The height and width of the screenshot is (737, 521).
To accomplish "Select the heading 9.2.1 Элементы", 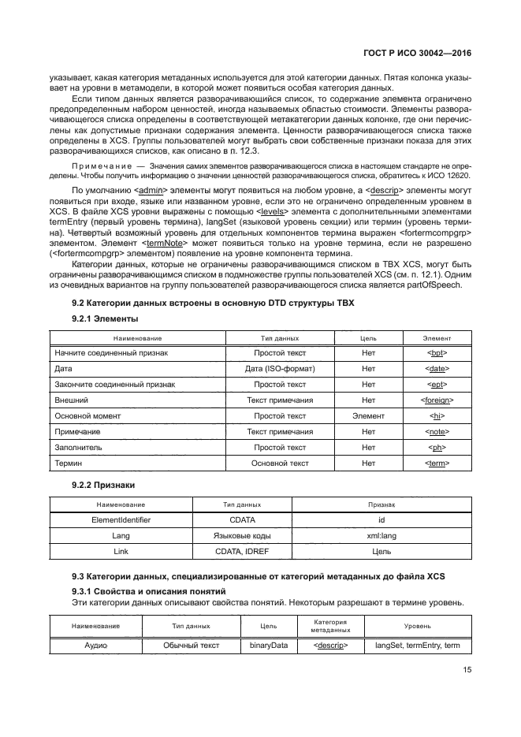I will (x=105, y=318).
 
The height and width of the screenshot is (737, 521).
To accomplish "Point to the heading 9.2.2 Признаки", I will (x=104, y=484).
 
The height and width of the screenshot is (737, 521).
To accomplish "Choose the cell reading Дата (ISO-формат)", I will (x=280, y=369).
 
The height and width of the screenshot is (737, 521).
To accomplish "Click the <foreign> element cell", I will (x=437, y=400).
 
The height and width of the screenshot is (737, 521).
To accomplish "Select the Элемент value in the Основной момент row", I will (x=367, y=416).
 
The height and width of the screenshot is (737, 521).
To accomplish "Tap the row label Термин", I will (x=68, y=463).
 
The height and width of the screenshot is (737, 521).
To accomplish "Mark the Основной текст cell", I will (x=280, y=463).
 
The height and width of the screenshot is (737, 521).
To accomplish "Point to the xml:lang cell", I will (x=381, y=536).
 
